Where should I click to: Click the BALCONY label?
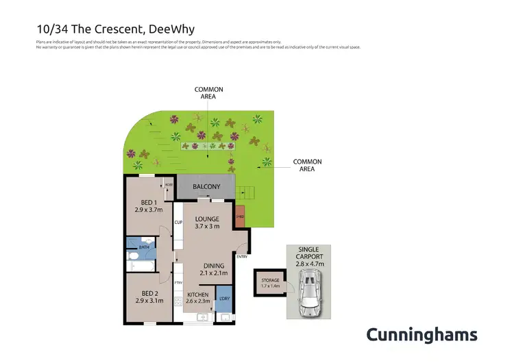(x=206, y=187)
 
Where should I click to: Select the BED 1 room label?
(x=147, y=202)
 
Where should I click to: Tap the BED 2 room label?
(x=147, y=290)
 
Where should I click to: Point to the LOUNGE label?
(x=206, y=218)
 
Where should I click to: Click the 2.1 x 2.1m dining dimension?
(x=213, y=273)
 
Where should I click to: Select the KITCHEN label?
(x=197, y=295)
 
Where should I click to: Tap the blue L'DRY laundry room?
(x=223, y=298)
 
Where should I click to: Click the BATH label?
(x=145, y=247)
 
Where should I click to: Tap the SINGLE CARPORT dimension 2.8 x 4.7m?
(x=308, y=263)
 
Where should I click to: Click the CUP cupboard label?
(x=178, y=223)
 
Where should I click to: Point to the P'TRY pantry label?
(x=178, y=281)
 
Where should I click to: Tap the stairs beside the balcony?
(x=244, y=192)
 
